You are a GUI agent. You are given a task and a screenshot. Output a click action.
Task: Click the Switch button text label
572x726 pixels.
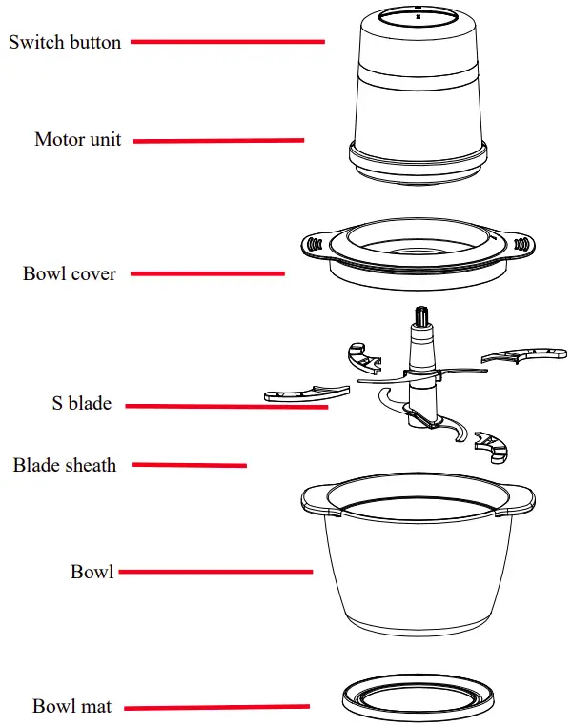pos(65,43)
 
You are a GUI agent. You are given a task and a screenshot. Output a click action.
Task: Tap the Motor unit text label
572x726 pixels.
pos(78,140)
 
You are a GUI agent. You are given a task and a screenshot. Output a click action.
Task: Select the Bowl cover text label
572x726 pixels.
pos(70,274)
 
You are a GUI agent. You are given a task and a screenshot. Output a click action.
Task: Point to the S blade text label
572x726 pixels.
pos(81,404)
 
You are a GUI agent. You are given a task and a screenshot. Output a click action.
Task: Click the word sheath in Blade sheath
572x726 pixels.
pos(92,466)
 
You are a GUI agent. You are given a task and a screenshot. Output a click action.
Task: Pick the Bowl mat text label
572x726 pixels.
pos(72,707)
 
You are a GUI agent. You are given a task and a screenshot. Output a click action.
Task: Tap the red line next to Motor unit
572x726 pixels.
pos(218,141)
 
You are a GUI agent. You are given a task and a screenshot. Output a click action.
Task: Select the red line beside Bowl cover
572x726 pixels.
pos(207,274)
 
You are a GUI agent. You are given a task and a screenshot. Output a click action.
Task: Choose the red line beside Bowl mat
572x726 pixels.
pos(216,707)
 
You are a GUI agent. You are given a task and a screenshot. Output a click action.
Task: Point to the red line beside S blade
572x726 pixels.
pos(227,406)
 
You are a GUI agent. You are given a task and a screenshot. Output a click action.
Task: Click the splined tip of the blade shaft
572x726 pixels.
pos(419,317)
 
